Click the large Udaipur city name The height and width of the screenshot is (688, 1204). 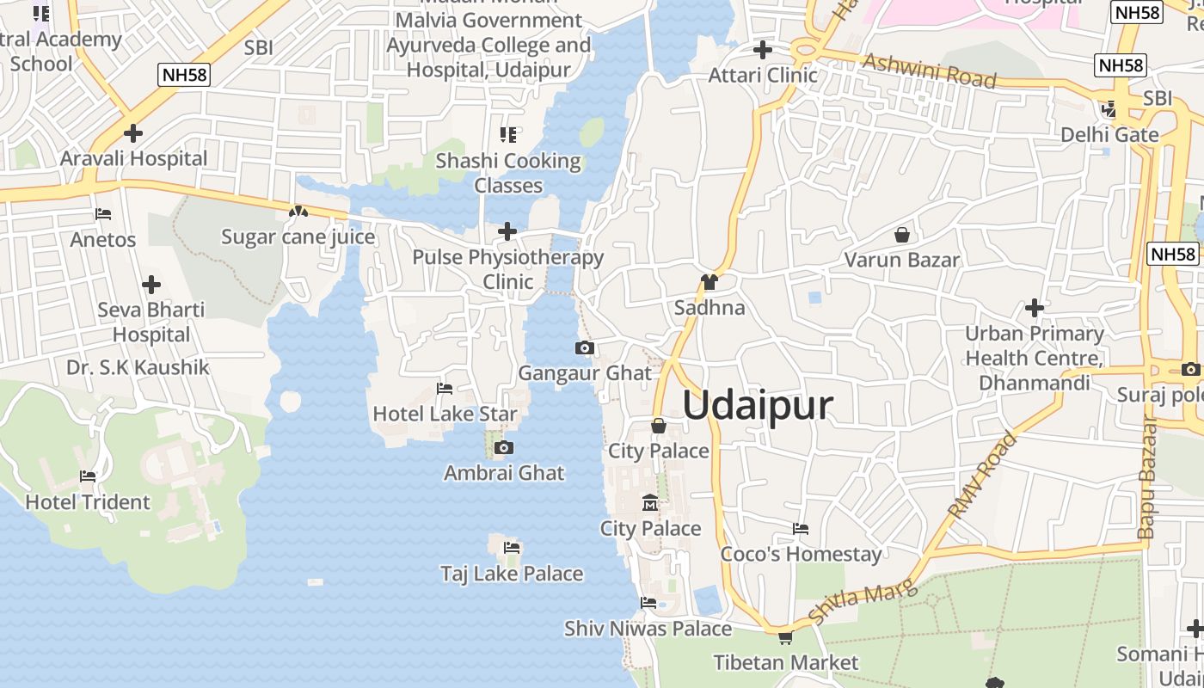[x=758, y=405]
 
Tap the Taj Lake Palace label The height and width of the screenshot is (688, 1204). [x=512, y=574]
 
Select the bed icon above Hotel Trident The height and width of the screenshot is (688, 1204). [x=88, y=476]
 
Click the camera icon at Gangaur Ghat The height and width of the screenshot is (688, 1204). [x=585, y=347]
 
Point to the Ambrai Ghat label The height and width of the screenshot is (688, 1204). [x=504, y=472]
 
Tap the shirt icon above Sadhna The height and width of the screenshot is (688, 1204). [x=709, y=281]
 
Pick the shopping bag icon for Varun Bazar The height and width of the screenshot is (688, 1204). [x=902, y=234]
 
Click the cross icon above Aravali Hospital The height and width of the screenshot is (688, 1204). [x=133, y=133]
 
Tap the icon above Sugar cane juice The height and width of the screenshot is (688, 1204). [x=298, y=211]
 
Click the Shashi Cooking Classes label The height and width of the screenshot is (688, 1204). [x=508, y=173]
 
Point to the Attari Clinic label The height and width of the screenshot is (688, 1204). [x=763, y=75]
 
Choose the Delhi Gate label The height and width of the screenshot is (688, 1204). [x=1109, y=134]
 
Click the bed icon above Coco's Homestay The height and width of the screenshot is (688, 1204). [x=801, y=528]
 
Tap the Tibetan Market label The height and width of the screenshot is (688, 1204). [x=786, y=662]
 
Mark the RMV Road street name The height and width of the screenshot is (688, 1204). [x=982, y=475]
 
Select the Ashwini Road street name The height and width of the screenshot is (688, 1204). [x=929, y=71]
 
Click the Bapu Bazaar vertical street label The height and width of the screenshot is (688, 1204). [x=1147, y=478]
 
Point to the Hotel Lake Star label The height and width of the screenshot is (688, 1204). [x=445, y=414]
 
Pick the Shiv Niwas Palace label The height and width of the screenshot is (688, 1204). [x=648, y=629]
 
